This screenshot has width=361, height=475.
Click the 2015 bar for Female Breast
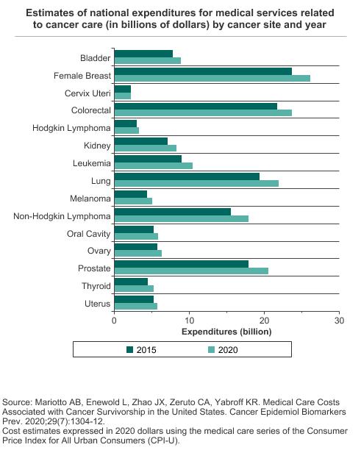coord(203,71)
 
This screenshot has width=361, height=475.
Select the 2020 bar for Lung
coord(196,184)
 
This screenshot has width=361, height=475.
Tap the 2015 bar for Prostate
coord(182,264)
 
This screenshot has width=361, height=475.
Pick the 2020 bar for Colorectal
coord(203,113)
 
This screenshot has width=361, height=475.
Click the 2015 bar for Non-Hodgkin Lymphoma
coord(173,212)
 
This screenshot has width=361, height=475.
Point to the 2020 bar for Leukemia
coord(154,165)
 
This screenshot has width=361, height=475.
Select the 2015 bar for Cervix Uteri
coord(123,89)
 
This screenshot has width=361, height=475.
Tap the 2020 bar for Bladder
coord(148,60)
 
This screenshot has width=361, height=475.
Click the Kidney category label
coord(97,146)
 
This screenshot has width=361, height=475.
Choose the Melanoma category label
coord(90,199)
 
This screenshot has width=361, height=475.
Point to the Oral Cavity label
coord(89,234)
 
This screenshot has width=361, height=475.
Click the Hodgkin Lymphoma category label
coord(71,128)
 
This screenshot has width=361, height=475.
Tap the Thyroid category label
coord(96,286)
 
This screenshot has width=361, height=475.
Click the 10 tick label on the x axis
coord(189,321)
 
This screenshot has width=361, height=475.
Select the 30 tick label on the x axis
coord(339,321)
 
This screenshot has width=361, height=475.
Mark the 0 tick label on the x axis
coord(114,321)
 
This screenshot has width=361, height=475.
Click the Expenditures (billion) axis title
coord(226,332)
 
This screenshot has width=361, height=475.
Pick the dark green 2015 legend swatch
coord(129,350)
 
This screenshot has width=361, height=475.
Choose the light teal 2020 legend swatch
coord(211,350)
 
